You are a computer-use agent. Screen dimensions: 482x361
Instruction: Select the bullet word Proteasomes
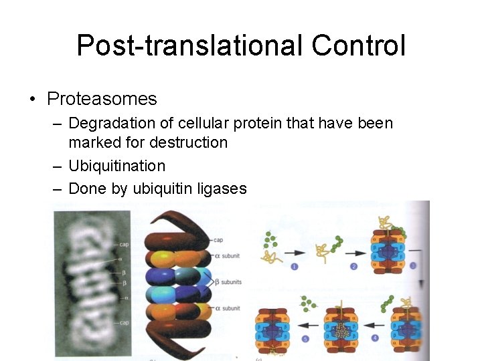(x=102, y=100)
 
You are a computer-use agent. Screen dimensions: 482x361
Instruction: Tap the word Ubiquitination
(x=116, y=166)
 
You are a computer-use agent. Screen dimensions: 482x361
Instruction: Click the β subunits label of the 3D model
(x=229, y=281)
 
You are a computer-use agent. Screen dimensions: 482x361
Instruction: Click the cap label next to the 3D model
(x=218, y=239)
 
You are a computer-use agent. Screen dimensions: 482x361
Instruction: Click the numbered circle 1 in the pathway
(x=295, y=267)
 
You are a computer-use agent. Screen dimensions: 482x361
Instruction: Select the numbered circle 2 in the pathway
(x=354, y=267)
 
